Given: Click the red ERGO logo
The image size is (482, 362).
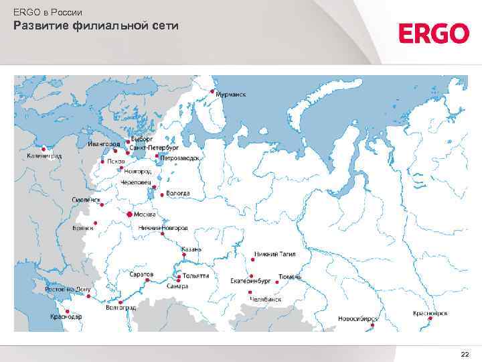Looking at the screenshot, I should coord(433,34).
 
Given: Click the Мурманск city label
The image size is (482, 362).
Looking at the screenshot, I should coord(230,95).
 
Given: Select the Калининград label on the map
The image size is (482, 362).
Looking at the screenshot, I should coord(44,156).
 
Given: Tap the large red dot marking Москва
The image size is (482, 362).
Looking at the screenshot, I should coord(129,214).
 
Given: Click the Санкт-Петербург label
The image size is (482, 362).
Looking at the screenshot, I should coord(154,147).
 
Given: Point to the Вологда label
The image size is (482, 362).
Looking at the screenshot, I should coord(178,193).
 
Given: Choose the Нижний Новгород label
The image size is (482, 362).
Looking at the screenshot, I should coord(163,228).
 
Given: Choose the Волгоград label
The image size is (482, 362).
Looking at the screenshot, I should coord(121,308).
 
